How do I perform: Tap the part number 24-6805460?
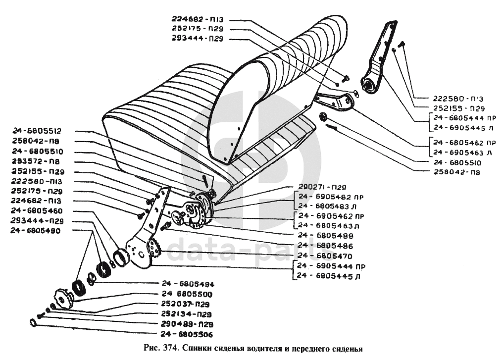pyautogui.click(x=36, y=211)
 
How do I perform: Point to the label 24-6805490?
pyautogui.click(x=36, y=231)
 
